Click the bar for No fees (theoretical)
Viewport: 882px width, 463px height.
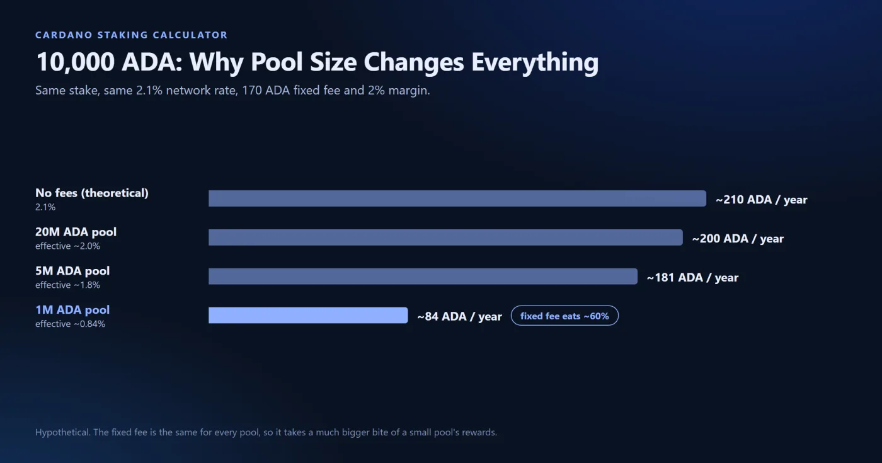point(457,198)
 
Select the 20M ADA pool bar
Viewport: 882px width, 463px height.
point(445,237)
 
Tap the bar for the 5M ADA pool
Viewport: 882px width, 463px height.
point(423,277)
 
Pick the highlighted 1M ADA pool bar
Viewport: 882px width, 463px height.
point(308,316)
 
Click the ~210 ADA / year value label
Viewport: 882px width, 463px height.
point(762,200)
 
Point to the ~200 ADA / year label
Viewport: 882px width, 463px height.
point(738,239)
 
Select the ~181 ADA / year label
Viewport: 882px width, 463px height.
point(692,278)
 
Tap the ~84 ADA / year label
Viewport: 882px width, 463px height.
point(459,316)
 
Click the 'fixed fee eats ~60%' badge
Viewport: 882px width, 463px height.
point(564,316)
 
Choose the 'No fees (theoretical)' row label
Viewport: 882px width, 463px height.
point(92,193)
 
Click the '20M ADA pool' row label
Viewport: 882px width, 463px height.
point(76,232)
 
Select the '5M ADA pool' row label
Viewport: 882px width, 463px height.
point(72,271)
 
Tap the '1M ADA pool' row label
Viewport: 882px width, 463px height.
point(72,310)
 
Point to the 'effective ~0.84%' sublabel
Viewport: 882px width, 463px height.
point(70,324)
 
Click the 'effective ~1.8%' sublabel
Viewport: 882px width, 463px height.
point(68,285)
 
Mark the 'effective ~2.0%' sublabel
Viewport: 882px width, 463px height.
point(68,246)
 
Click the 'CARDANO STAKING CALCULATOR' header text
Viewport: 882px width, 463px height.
point(132,35)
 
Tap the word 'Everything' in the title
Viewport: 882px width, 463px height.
point(535,62)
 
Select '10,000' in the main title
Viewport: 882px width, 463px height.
point(75,62)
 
